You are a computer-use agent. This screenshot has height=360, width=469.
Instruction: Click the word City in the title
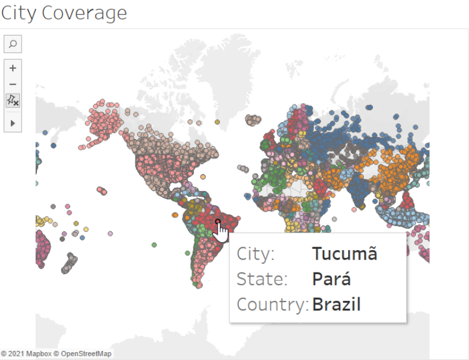pyautogui.click(x=22, y=13)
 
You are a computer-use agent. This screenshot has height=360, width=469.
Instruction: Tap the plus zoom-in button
pyautogui.click(x=13, y=68)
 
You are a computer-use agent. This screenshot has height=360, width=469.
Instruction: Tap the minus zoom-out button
pyautogui.click(x=13, y=85)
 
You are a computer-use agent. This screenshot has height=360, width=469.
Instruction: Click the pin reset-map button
pyautogui.click(x=13, y=101)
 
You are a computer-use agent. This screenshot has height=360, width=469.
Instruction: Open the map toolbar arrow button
pyautogui.click(x=13, y=123)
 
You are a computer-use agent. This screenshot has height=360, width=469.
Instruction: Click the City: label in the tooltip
pyautogui.click(x=256, y=254)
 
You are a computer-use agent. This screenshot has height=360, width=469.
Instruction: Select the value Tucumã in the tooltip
pyautogui.click(x=344, y=254)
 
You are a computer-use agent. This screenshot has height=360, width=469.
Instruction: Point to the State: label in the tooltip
pyautogui.click(x=262, y=279)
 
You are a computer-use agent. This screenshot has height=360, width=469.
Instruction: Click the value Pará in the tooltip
pyautogui.click(x=331, y=279)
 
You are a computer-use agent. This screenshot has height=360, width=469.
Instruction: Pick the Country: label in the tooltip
pyautogui.click(x=273, y=304)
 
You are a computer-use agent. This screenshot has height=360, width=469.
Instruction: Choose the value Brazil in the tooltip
pyautogui.click(x=336, y=304)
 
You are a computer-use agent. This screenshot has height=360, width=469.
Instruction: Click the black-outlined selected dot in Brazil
pyautogui.click(x=218, y=222)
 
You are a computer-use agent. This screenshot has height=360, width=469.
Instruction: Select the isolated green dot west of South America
pyautogui.click(x=155, y=245)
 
